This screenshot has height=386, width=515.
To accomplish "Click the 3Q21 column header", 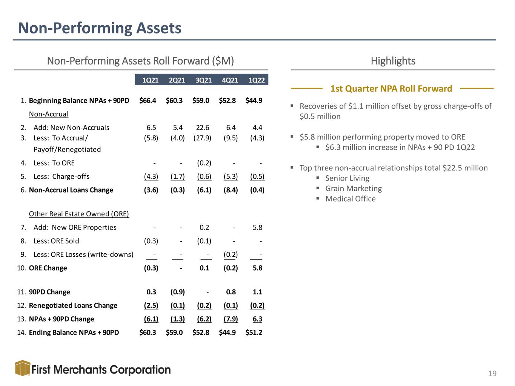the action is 203,80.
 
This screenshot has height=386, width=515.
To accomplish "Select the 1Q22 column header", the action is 257,80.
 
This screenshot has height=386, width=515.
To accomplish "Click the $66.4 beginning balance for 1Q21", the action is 148,101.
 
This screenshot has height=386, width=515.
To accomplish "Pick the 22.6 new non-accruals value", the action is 203,127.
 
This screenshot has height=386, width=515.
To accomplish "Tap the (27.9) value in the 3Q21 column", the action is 202,138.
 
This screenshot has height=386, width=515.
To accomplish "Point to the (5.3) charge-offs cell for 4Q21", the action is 231,176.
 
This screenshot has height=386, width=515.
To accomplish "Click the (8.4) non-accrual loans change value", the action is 231,190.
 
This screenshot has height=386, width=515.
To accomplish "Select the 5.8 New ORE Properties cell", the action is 257,227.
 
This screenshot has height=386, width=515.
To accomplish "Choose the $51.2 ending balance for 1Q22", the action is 254,332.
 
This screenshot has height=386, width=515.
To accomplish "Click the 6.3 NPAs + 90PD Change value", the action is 257,319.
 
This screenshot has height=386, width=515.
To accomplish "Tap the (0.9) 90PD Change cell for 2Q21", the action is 178,292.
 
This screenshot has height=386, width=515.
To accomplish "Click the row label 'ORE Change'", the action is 48,268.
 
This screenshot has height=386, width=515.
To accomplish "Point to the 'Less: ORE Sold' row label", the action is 56,241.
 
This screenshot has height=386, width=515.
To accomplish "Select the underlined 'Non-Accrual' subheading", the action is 49,114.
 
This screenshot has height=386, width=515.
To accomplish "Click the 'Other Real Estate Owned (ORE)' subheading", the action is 79,214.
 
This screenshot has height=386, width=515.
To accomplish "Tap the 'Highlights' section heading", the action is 393,61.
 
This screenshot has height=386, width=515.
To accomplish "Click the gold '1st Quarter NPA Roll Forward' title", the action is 391,89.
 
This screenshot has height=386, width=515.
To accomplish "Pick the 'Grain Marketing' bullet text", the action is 354,188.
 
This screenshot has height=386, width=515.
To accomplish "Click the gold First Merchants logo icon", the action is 23,368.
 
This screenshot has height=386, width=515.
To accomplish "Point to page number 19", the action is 492,373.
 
